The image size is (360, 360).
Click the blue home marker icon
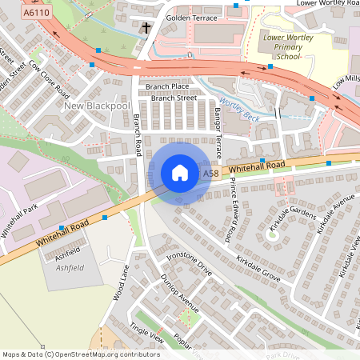tap(180, 173)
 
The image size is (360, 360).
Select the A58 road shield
tap(210, 174)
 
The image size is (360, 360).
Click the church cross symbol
tap(146, 29)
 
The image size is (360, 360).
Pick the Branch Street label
tap(174, 98)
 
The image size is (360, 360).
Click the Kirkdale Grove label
tap(258, 269)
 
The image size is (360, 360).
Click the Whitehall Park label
tap(19, 222)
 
